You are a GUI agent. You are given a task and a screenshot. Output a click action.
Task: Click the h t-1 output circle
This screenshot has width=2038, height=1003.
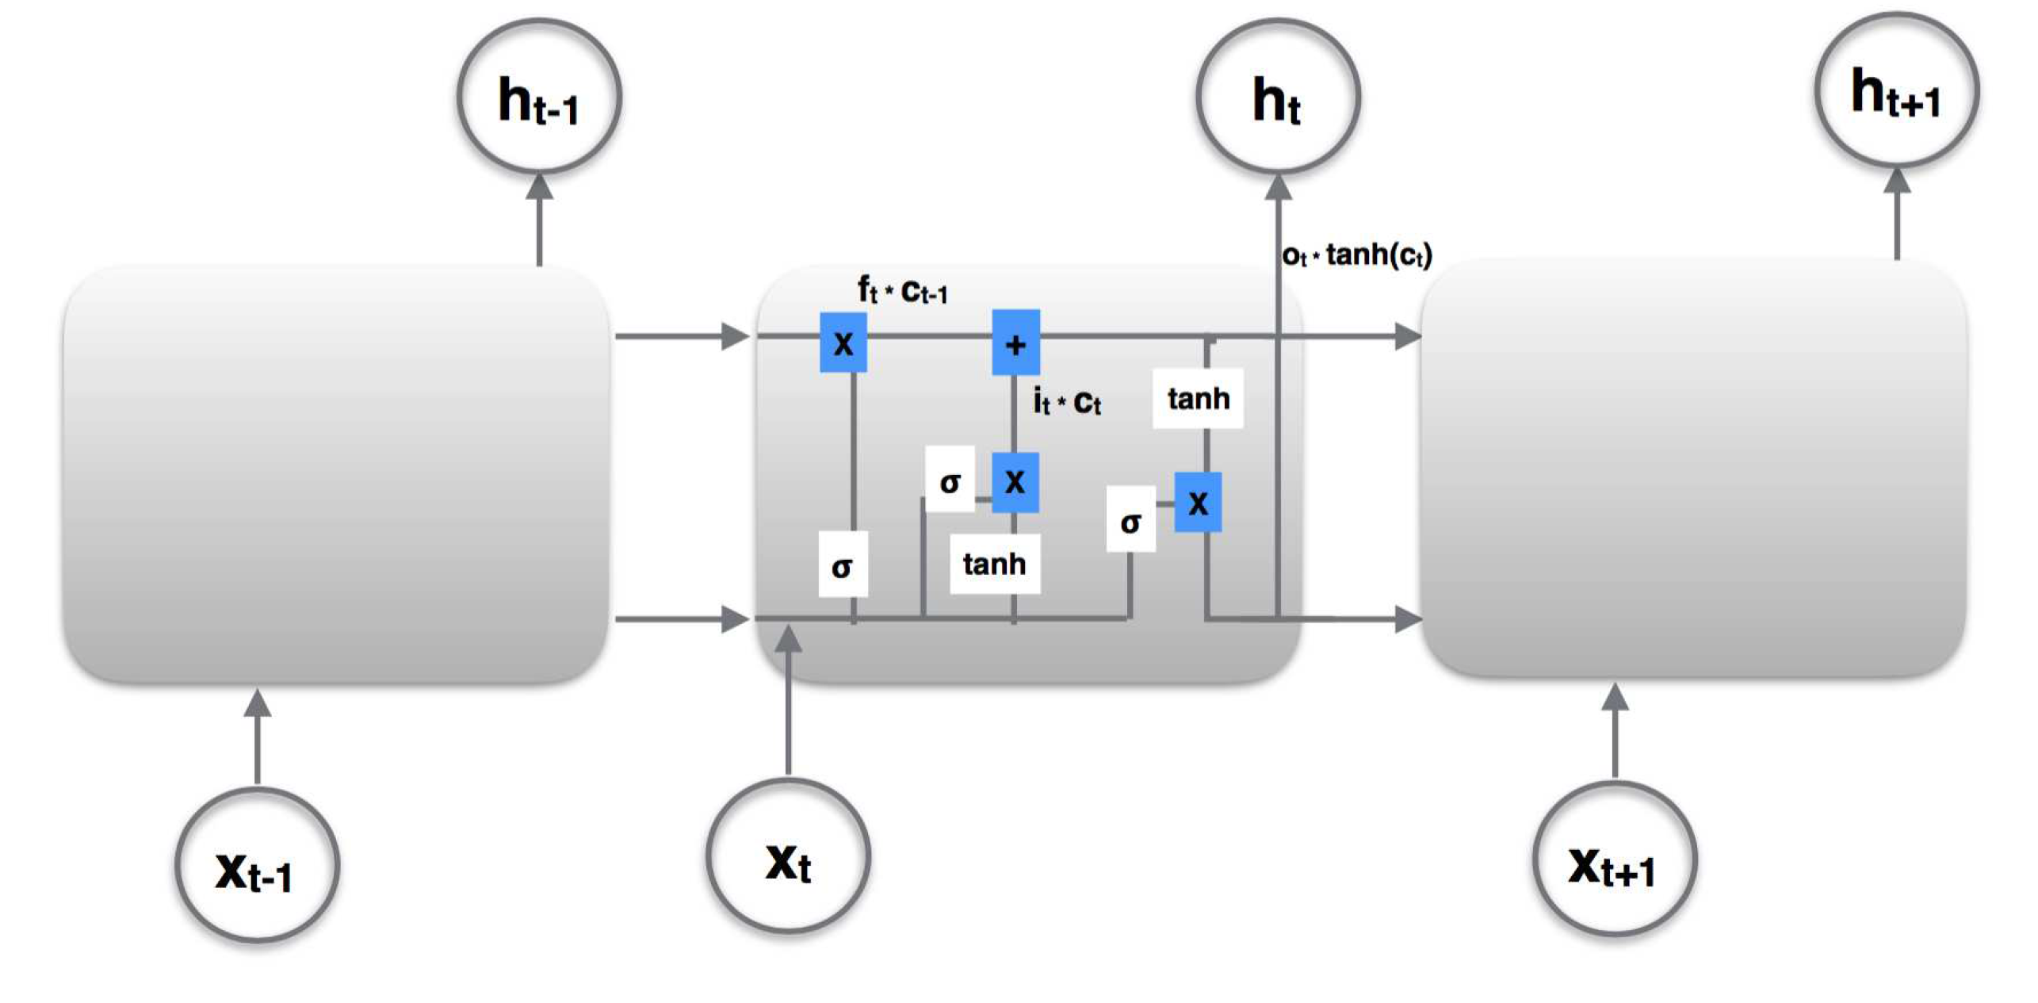pyautogui.click(x=538, y=97)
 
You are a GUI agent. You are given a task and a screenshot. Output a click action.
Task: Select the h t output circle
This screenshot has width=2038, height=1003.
pyautogui.click(x=1277, y=97)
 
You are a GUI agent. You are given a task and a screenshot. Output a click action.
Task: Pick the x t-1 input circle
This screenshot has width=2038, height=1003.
pyautogui.click(x=257, y=866)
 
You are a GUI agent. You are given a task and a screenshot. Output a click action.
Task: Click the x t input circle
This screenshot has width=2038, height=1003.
pyautogui.click(x=788, y=856)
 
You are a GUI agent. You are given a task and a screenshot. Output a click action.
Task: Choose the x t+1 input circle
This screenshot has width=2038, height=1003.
pyautogui.click(x=1614, y=859)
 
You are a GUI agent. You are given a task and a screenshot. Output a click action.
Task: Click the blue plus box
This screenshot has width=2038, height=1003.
pyautogui.click(x=1015, y=343)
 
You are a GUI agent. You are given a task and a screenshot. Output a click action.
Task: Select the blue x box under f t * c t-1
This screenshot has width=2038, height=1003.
pyautogui.click(x=843, y=343)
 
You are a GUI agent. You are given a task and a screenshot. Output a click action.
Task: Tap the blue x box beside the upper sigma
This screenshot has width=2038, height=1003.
pyautogui.click(x=1015, y=481)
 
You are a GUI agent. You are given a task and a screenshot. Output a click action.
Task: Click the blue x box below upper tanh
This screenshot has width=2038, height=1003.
pyautogui.click(x=1198, y=502)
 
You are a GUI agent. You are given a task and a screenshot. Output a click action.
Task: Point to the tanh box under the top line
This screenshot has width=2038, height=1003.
pyautogui.click(x=1198, y=398)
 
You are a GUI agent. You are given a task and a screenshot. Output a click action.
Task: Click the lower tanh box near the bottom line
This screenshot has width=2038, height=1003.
pyautogui.click(x=995, y=564)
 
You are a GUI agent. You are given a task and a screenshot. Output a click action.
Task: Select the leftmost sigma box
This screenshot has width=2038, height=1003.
pyautogui.click(x=843, y=565)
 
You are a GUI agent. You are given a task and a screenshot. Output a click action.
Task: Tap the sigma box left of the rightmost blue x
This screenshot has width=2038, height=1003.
pyautogui.click(x=1130, y=519)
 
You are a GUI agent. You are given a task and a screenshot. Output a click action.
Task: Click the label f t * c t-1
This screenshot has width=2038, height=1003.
pyautogui.click(x=902, y=291)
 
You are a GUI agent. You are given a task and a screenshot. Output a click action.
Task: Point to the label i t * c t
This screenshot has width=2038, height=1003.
pyautogui.click(x=1067, y=401)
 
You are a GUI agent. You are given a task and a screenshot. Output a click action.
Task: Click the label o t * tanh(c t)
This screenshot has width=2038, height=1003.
pyautogui.click(x=1356, y=255)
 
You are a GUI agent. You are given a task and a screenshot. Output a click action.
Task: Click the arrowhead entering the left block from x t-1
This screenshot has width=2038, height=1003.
pyautogui.click(x=257, y=702)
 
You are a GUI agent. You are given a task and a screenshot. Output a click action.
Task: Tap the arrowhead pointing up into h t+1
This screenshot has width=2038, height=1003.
pyautogui.click(x=1897, y=180)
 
